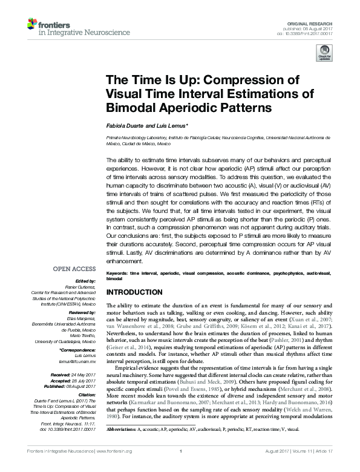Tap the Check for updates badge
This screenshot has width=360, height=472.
(x=324, y=55)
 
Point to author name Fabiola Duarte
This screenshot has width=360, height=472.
(x=127, y=126)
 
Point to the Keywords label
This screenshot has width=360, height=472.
(x=117, y=274)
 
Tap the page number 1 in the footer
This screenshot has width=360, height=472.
(x=180, y=467)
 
